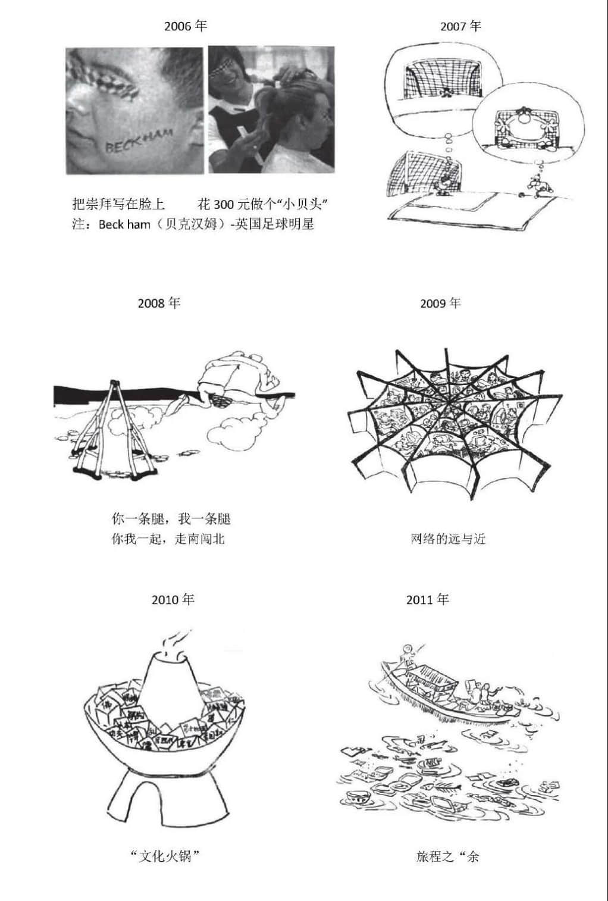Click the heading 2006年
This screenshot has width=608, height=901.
click(x=185, y=26)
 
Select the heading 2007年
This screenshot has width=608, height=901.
click(x=460, y=26)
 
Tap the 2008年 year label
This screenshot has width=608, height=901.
click(x=159, y=303)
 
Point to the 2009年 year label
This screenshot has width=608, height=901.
click(x=440, y=303)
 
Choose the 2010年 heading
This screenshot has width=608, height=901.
click(x=173, y=599)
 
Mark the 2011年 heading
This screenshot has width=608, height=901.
click(x=427, y=599)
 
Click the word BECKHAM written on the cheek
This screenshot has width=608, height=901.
click(x=135, y=142)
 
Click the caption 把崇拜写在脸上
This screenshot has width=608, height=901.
click(x=118, y=205)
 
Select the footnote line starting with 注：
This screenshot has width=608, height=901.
click(x=193, y=224)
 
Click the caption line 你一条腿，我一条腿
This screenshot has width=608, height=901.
click(x=171, y=519)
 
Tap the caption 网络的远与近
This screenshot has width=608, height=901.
click(x=448, y=539)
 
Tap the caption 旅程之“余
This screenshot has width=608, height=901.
click(x=447, y=856)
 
